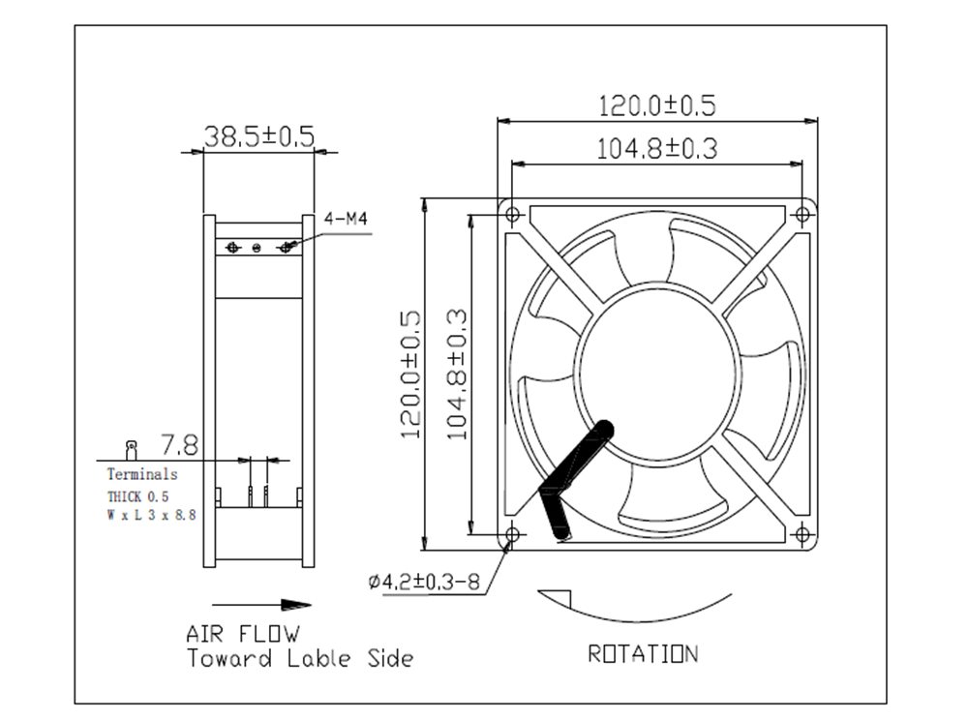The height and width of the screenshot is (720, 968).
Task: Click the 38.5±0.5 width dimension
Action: [258, 136]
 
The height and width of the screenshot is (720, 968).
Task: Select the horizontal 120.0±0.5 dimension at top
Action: [657, 105]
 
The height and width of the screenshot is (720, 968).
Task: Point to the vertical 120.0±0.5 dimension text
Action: [410, 375]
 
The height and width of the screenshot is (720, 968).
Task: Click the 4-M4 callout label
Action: [346, 220]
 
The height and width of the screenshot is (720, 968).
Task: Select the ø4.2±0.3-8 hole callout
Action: [425, 582]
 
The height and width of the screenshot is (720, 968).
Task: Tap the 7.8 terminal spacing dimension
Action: [179, 445]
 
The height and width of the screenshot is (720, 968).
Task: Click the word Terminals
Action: [142, 474]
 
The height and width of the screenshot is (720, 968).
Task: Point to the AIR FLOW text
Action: [243, 635]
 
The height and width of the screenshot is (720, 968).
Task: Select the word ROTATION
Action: [642, 654]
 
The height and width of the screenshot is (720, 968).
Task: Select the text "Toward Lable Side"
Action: [299, 659]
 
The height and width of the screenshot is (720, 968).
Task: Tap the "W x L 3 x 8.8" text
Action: [151, 516]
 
